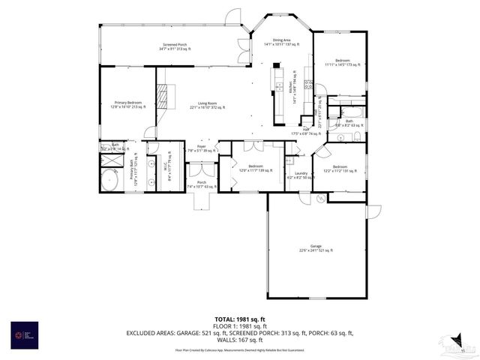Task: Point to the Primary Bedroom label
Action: (x=128, y=104)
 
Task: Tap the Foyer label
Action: (x=201, y=148)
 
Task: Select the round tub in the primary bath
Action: (x=110, y=180)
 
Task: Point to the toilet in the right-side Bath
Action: (x=357, y=136)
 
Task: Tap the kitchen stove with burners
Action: (x=308, y=83)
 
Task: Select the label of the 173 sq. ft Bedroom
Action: (x=342, y=63)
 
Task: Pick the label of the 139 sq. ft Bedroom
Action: (x=256, y=168)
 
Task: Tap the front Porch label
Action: (x=202, y=184)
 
